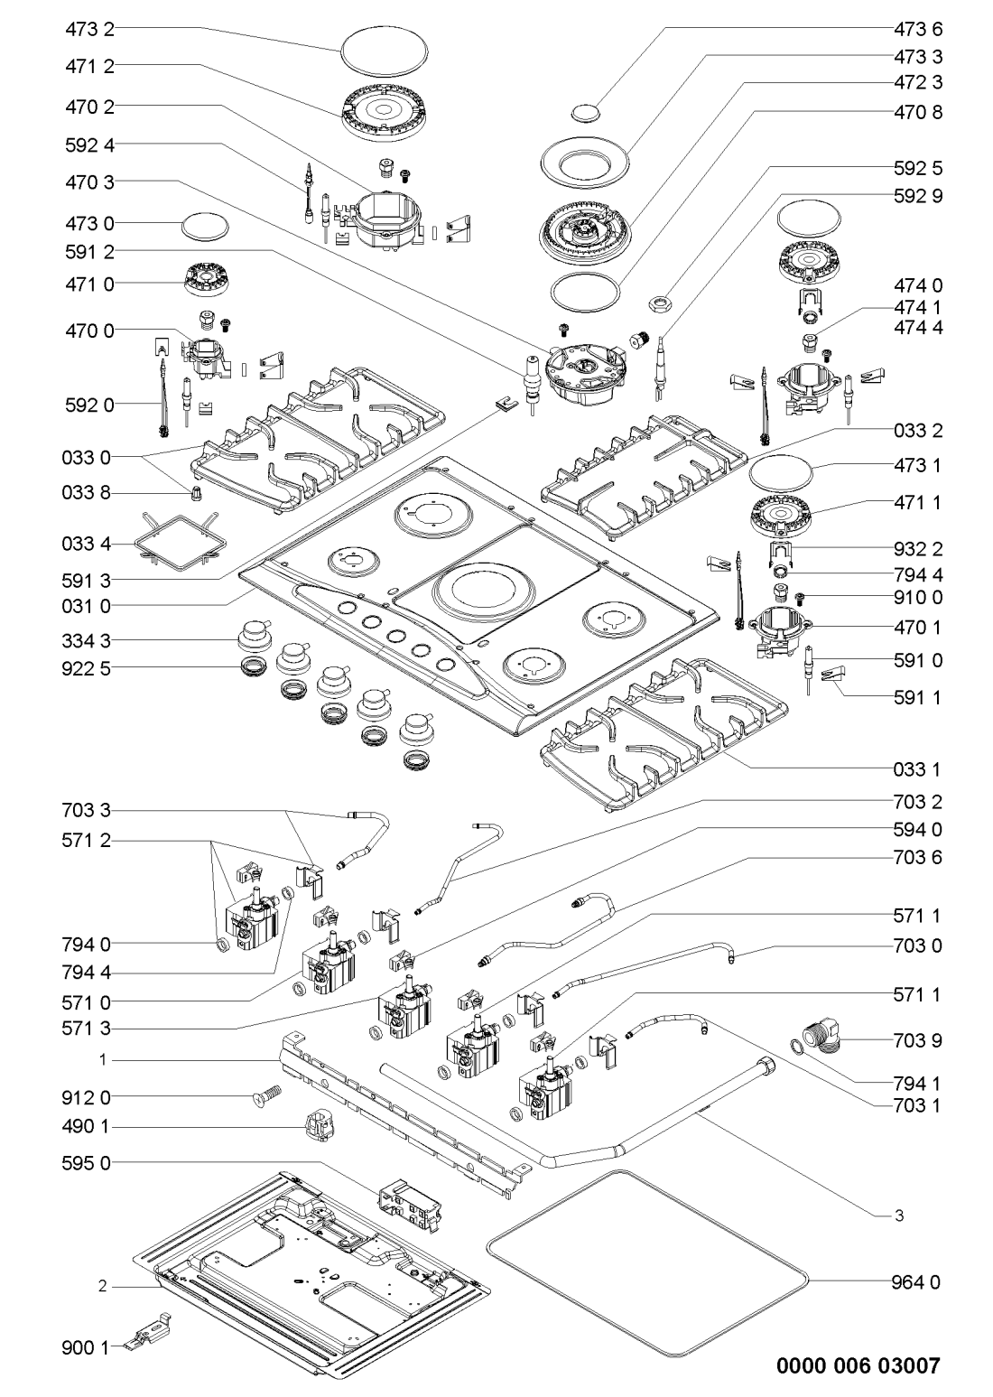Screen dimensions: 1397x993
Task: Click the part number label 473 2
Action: (90, 30)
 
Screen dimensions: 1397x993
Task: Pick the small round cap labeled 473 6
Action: (585, 112)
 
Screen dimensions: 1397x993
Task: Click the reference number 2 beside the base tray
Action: (103, 1287)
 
